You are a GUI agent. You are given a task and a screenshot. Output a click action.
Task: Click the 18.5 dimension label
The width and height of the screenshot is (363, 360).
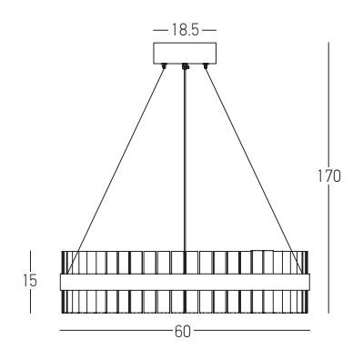click(185, 30)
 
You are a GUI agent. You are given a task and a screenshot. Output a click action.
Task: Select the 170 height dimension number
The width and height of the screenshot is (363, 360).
click(328, 176)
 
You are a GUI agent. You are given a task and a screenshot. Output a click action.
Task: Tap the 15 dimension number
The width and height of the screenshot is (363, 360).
click(30, 280)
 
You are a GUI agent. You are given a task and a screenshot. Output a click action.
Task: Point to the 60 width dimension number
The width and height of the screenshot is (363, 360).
click(182, 332)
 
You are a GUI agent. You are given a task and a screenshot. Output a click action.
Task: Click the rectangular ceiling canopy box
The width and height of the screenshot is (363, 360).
click(185, 53)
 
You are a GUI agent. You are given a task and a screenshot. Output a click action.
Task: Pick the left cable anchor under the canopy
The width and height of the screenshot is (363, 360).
click(165, 65)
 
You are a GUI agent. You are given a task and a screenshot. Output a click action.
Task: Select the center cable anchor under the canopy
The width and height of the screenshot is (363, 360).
click(185, 66)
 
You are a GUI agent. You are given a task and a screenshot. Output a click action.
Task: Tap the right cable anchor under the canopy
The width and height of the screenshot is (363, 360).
click(206, 65)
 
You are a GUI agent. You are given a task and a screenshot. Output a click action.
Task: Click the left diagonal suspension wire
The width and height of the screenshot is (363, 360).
click(116, 171)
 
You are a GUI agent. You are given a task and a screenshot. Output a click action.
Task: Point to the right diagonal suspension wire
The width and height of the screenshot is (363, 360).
click(254, 171)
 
